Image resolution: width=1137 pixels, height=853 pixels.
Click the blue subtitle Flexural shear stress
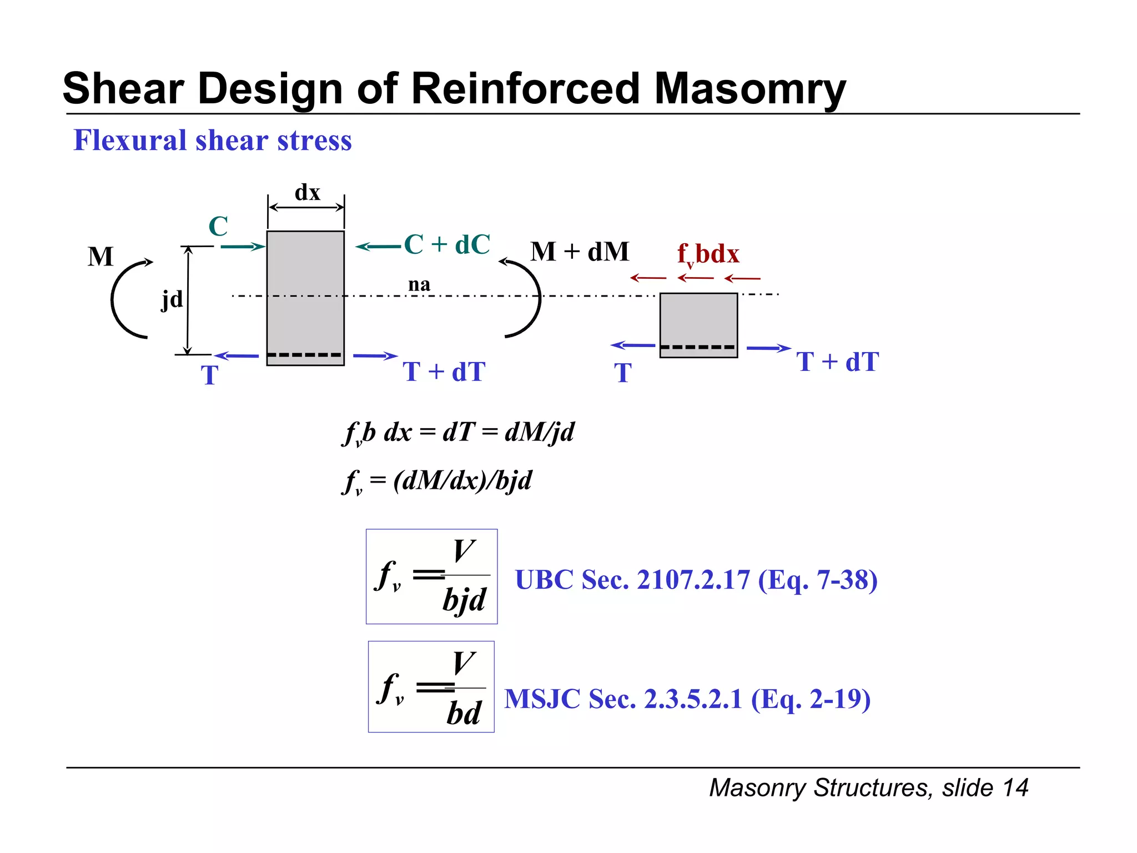coord(213,140)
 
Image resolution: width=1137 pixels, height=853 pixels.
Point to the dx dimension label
coord(307,193)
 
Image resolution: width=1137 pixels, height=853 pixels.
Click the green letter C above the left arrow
coord(218,227)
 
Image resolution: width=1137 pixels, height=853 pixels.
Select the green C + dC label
coord(447,244)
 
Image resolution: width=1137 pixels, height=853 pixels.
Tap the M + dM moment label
coord(580,252)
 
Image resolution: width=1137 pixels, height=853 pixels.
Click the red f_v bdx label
coord(708,254)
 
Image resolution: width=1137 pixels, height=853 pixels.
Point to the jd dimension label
coord(172,300)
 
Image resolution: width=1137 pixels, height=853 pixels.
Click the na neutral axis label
coord(419,284)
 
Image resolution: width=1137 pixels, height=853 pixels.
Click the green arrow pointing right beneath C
coord(243,246)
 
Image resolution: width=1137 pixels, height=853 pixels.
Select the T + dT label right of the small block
coord(837,362)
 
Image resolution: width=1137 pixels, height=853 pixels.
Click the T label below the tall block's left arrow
coord(209,375)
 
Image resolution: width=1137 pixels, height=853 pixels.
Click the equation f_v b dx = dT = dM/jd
coord(459,433)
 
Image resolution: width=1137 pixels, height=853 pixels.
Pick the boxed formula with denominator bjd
coord(431,576)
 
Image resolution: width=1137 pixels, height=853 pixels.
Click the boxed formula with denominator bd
coord(431,687)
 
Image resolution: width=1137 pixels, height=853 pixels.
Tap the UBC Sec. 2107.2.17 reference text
coord(696,580)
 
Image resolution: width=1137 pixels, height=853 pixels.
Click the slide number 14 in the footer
coord(1015,787)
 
